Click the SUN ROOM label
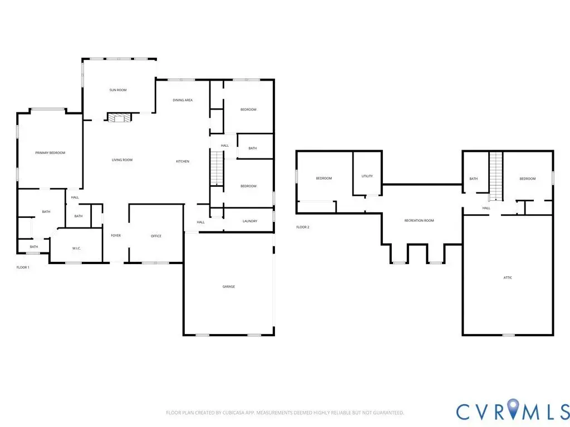118,90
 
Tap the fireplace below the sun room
119,118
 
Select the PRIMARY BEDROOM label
50,153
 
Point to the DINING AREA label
183,100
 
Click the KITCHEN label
183,161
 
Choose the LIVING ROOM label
122,160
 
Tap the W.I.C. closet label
76,249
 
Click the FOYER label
116,236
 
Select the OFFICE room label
156,236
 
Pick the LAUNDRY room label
250,221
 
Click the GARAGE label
229,286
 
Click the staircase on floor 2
496,176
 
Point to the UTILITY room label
367,176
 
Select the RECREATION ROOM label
419,220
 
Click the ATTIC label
508,278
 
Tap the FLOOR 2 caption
303,227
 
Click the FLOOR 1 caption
23,267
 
